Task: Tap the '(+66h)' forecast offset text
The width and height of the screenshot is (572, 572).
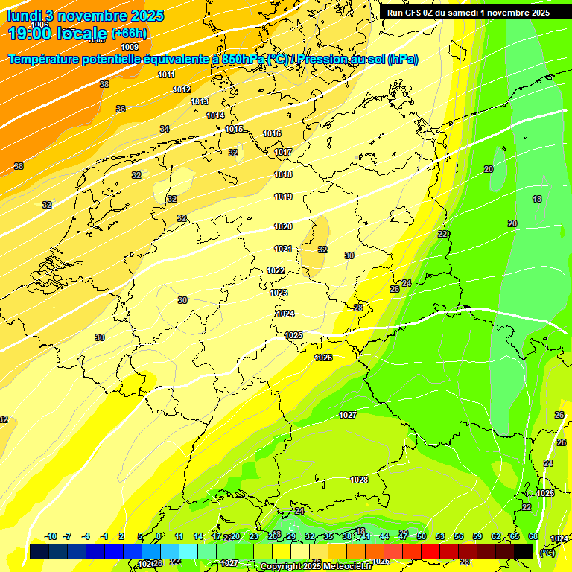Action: coord(129,33)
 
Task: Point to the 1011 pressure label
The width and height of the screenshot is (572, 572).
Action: coord(167,74)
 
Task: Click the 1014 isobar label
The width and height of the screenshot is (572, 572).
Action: coord(216,115)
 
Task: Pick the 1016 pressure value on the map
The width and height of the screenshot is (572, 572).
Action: coord(272,133)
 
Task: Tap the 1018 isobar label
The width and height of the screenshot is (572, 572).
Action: coord(283,174)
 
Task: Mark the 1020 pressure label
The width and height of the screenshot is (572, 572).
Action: coord(283,226)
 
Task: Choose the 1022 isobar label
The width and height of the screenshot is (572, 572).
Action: coord(276,270)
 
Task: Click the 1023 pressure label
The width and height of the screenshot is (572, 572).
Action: coord(279,293)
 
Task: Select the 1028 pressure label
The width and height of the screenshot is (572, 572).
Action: coord(359,480)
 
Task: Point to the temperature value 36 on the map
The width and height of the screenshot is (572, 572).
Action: coord(121,109)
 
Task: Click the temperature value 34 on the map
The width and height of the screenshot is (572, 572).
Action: coord(165,129)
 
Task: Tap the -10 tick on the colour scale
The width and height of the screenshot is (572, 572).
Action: coord(51,536)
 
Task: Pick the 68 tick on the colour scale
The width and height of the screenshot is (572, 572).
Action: coord(533,536)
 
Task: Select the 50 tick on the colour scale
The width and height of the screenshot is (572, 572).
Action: coord(422,536)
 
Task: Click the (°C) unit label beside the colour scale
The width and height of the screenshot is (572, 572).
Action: coord(547,552)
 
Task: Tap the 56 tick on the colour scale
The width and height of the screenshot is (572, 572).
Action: coord(459,536)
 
